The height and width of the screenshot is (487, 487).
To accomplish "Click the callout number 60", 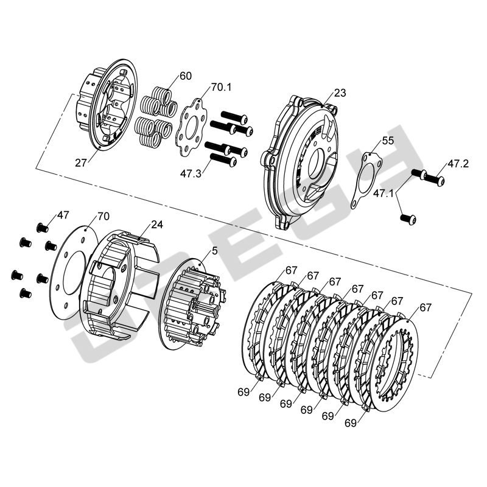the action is click(186, 75).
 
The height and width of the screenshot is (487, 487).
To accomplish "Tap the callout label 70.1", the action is click(222, 87).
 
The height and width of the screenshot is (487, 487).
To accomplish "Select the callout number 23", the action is click(340, 93).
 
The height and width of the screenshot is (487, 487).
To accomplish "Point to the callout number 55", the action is click(388, 141).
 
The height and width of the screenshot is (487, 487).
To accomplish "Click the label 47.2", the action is click(458, 164).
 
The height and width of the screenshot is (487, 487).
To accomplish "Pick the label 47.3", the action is click(191, 173).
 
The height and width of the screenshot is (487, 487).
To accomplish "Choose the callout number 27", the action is click(81, 163).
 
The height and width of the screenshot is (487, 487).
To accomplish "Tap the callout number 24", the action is click(157, 224).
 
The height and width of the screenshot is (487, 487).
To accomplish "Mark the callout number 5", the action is click(215, 251).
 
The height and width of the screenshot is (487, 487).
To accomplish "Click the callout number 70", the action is click(103, 216).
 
